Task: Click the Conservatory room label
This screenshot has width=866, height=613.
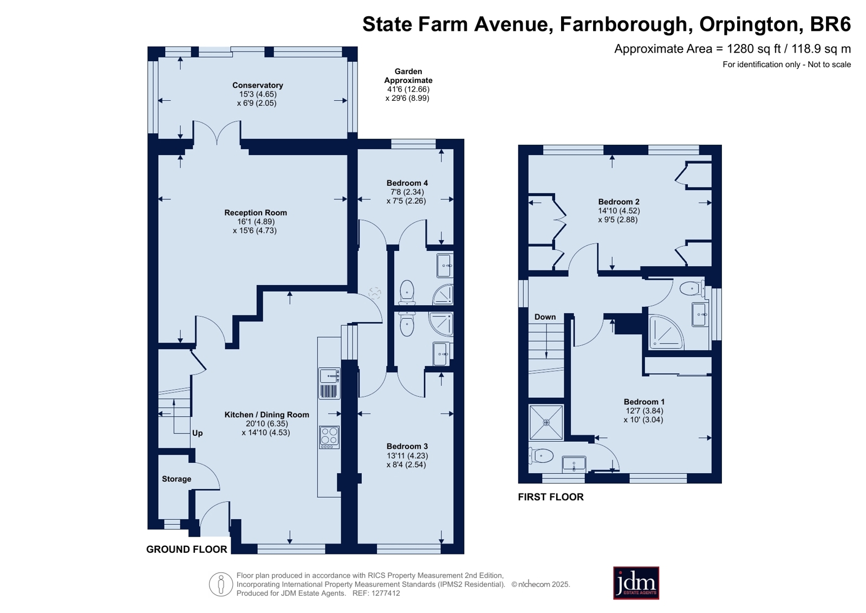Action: pyautogui.click(x=257, y=85)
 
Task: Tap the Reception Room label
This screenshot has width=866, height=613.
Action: pyautogui.click(x=256, y=212)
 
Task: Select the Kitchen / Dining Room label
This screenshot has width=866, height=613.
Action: pyautogui.click(x=267, y=415)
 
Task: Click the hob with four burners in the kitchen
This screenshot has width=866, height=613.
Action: pyautogui.click(x=329, y=437)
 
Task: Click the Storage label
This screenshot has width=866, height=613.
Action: pyautogui.click(x=177, y=479)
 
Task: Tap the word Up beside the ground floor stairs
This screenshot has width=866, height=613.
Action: pyautogui.click(x=197, y=433)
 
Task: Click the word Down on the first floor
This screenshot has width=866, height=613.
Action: pyautogui.click(x=545, y=317)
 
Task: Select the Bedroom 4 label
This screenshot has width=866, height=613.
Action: pyautogui.click(x=407, y=183)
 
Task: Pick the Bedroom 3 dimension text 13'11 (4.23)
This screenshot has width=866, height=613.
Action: pyautogui.click(x=407, y=455)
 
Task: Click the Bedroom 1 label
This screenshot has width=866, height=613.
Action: pyautogui.click(x=643, y=402)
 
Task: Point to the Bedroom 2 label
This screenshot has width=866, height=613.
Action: pyautogui.click(x=618, y=202)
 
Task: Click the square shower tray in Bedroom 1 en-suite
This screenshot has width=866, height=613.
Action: pyautogui.click(x=546, y=423)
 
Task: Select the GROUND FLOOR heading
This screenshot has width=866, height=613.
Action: pyautogui.click(x=187, y=549)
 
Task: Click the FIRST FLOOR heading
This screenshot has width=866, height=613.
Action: pyautogui.click(x=551, y=497)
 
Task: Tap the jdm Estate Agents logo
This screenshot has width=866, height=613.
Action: pyautogui.click(x=636, y=583)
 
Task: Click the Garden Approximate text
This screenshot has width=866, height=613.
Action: pyautogui.click(x=408, y=76)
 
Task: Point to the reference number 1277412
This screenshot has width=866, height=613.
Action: pyautogui.click(x=385, y=593)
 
